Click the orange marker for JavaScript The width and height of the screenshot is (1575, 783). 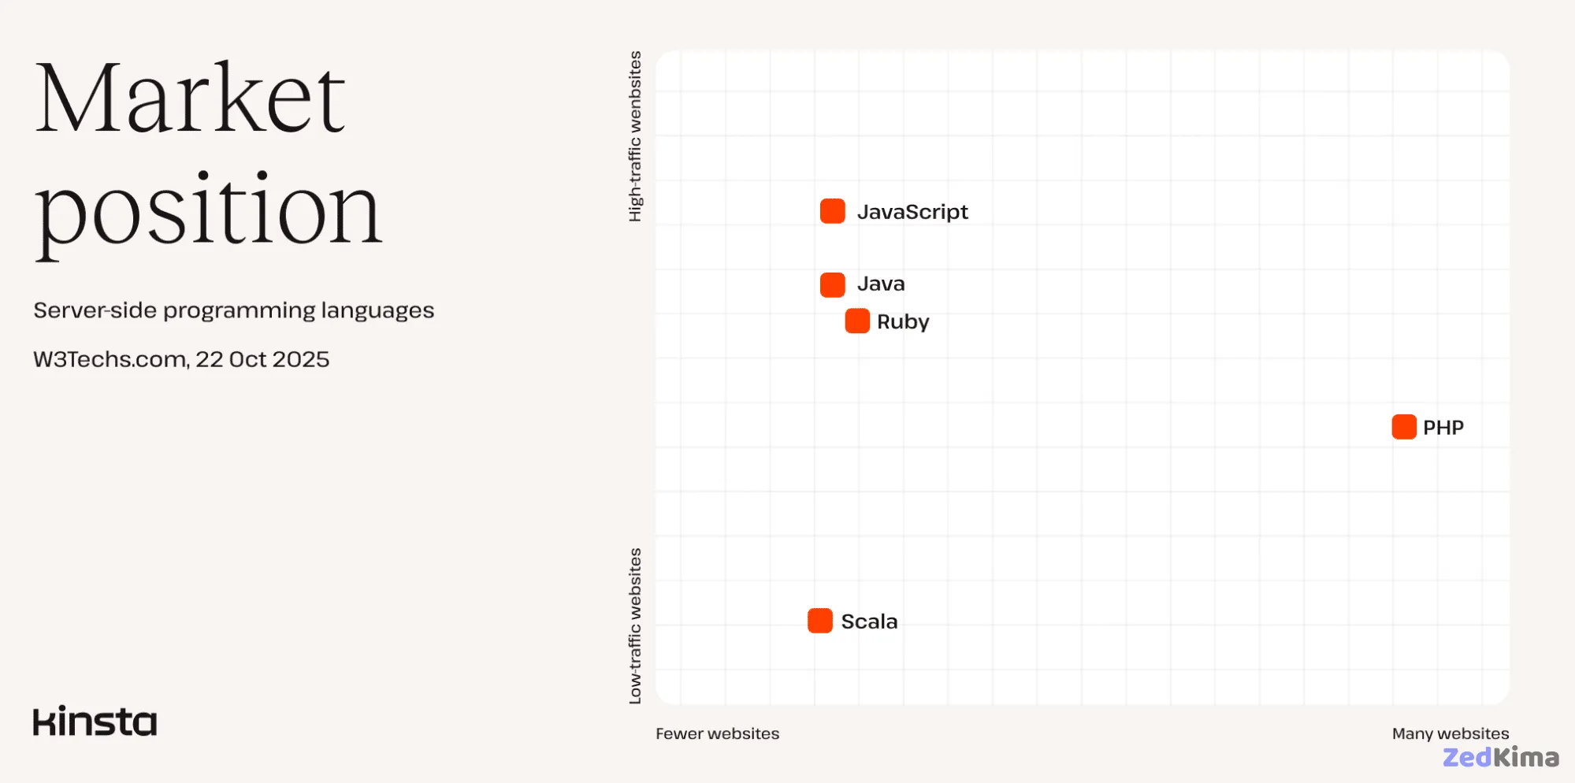[x=832, y=211]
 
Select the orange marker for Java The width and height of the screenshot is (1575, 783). [x=832, y=284]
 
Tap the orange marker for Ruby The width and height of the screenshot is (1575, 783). [x=857, y=321]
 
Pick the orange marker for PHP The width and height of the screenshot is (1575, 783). [x=1403, y=427]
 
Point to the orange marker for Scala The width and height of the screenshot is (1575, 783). [x=819, y=621]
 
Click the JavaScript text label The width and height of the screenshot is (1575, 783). [x=912, y=212]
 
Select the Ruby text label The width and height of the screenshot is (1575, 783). [x=903, y=322]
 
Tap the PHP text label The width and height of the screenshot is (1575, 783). [x=1443, y=428]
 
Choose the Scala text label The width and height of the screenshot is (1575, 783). [x=869, y=622]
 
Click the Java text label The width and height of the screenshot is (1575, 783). [x=881, y=284]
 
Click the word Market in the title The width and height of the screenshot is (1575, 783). [x=190, y=98]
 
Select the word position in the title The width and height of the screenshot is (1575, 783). [x=208, y=211]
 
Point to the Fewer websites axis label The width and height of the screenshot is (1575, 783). [x=717, y=733]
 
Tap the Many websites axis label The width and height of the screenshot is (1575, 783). [x=1450, y=733]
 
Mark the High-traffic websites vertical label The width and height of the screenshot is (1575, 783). [x=635, y=136]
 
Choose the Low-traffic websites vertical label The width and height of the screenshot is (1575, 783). [x=635, y=625]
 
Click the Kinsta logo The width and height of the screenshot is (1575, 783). [x=95, y=722]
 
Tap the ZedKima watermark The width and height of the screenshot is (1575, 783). [x=1500, y=758]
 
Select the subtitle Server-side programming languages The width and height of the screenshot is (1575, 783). [x=233, y=310]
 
